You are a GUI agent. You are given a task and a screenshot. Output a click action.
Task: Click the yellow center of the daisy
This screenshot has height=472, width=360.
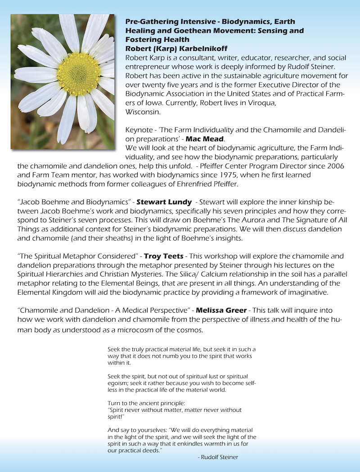click(x=78, y=74)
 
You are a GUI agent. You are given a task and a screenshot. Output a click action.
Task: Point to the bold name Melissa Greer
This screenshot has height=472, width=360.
click(x=221, y=310)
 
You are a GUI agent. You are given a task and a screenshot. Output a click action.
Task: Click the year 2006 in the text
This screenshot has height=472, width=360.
click(x=331, y=166)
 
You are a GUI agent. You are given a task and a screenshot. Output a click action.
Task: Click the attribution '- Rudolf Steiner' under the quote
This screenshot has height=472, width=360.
click(x=218, y=457)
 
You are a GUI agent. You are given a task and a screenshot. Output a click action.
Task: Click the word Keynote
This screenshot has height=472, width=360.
click(x=140, y=130)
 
